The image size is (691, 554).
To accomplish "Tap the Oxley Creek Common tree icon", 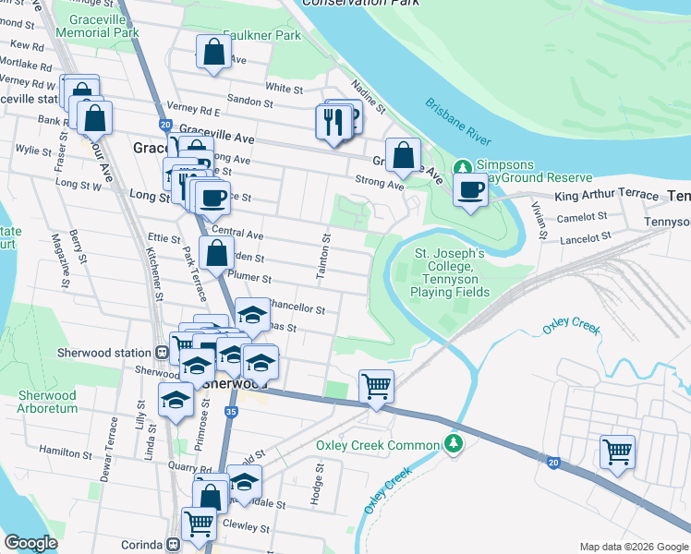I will (x=453, y=445).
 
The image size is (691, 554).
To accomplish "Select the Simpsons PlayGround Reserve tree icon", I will (x=463, y=168).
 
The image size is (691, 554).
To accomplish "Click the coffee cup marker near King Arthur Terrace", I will (x=470, y=190).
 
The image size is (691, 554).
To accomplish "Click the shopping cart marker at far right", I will (x=617, y=452).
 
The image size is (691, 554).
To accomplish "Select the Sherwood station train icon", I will (x=162, y=353).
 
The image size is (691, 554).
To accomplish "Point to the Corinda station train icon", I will (x=173, y=545).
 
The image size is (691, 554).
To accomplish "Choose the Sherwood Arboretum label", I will (x=47, y=402).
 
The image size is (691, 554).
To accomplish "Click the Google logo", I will (x=30, y=543).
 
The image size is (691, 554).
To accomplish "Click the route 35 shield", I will (x=231, y=411).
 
